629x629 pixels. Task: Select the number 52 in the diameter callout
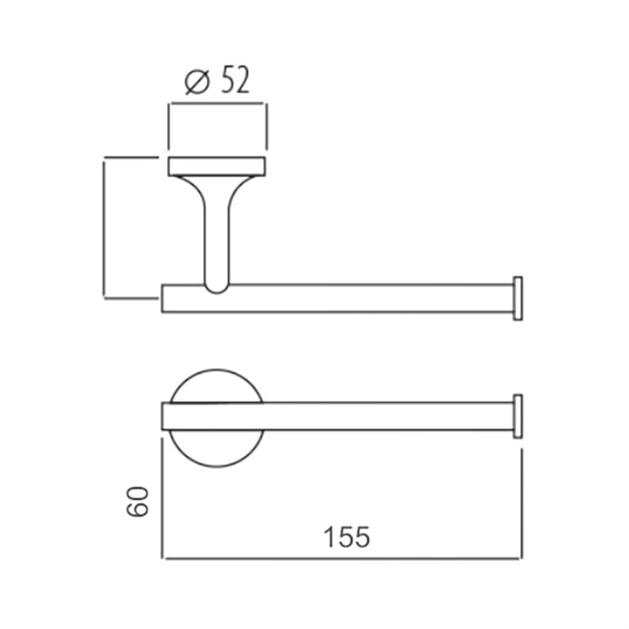pos(233,82)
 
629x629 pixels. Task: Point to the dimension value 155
pos(346,537)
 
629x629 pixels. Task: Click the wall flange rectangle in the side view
pos(217,165)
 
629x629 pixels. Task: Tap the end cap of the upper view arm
pos(517,297)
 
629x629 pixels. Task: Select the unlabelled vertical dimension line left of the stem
pos(104,229)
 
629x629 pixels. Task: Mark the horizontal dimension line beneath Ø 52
pos(217,104)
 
